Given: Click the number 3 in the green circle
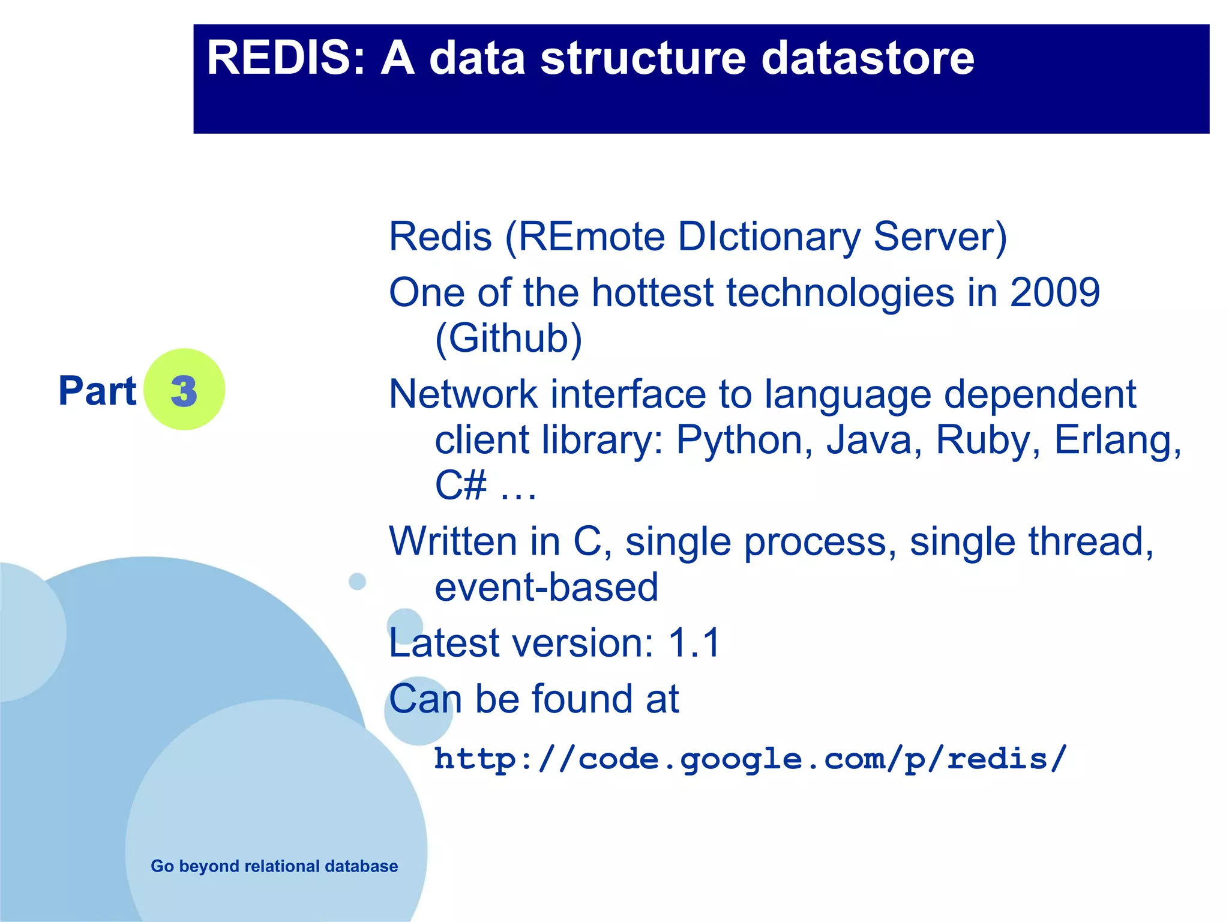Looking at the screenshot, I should tap(184, 391).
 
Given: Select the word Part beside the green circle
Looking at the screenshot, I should tap(97, 391).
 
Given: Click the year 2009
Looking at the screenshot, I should tap(1055, 293).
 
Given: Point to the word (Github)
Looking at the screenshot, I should tap(508, 339).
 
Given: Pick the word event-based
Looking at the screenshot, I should tap(546, 587).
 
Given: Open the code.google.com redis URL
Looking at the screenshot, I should tap(750, 759).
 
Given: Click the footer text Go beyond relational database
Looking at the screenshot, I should tap(274, 866).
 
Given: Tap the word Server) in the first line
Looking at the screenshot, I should tap(940, 237).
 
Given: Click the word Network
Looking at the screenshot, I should tap(463, 395).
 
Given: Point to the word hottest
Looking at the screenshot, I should tap(652, 293).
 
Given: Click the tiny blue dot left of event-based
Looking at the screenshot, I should tap(358, 581).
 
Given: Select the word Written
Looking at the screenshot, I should tap(453, 541).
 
